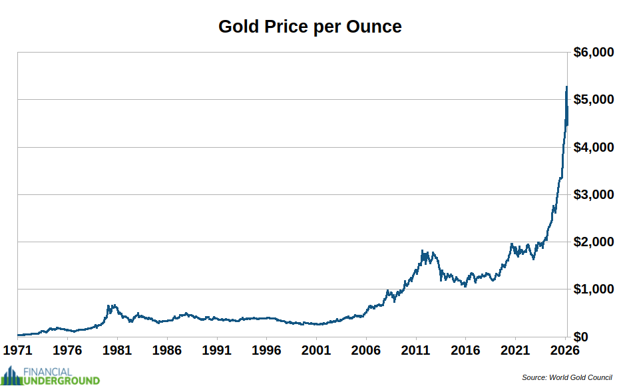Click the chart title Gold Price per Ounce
[310, 27]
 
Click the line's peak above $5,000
[566, 87]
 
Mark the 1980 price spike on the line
[109, 306]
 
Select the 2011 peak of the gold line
[423, 252]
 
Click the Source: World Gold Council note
[566, 377]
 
